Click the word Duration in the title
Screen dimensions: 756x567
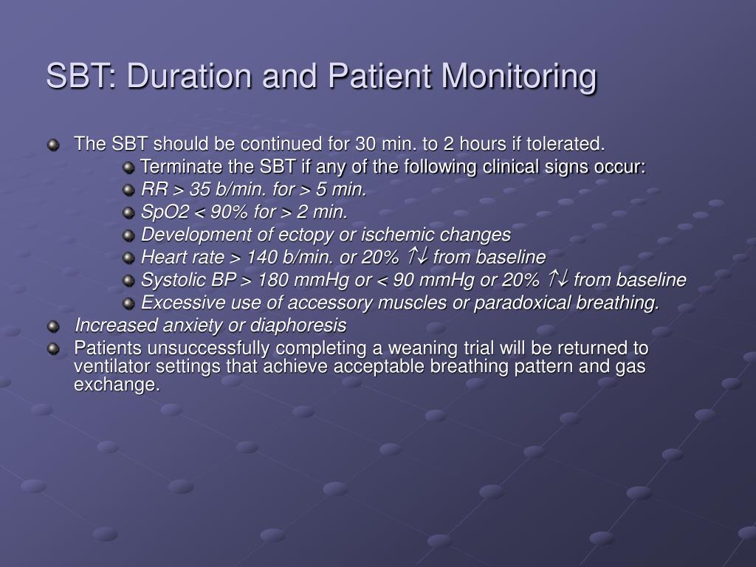189,76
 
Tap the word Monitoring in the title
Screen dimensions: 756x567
519,77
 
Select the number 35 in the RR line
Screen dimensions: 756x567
199,189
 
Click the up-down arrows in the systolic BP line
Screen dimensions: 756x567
557,278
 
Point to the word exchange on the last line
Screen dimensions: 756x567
116,384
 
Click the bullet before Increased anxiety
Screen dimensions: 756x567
53,326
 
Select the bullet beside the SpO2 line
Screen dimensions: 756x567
128,213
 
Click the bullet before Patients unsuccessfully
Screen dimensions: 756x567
53,348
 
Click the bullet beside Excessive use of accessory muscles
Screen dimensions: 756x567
128,303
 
